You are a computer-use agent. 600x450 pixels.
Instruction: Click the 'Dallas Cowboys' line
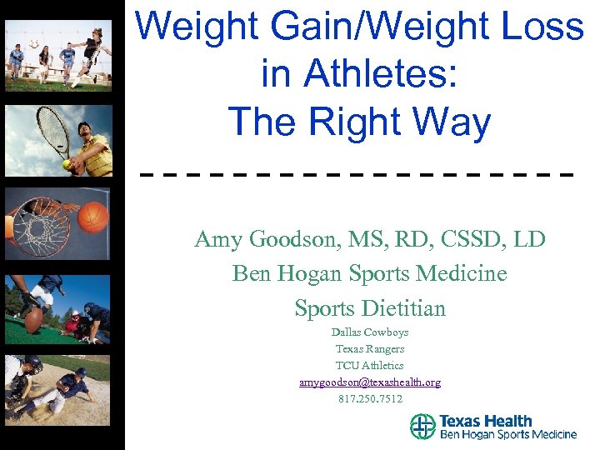[x=370, y=332]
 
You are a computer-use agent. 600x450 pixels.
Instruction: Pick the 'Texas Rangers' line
[x=370, y=349]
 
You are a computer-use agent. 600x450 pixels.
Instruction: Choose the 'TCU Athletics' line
[x=370, y=366]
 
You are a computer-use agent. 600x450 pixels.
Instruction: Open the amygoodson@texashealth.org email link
[x=370, y=382]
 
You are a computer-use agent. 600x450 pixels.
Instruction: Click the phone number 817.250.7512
[x=370, y=399]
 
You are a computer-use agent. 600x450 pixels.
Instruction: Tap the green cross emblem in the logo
[x=422, y=427]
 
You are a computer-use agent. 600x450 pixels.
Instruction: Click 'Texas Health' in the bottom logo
[x=485, y=421]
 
